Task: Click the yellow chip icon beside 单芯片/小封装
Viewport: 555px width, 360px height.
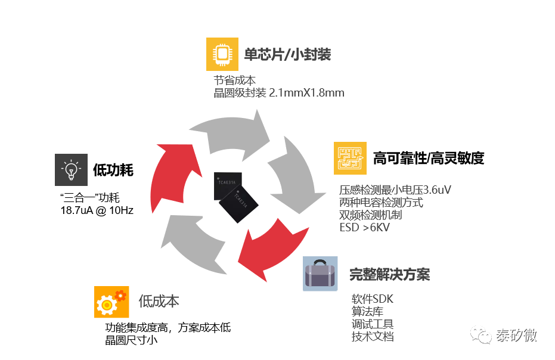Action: tap(222, 54)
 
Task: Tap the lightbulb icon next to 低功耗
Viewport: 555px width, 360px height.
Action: tap(71, 170)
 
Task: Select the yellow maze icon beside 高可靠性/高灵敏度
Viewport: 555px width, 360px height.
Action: tap(350, 158)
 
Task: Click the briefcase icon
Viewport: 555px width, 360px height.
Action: tap(320, 274)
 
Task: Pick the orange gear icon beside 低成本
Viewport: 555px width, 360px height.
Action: tap(111, 302)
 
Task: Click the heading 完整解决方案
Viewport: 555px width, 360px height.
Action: tap(390, 274)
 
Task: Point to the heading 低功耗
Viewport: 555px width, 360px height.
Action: tap(113, 170)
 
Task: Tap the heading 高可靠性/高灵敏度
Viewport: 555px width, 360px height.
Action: tap(429, 158)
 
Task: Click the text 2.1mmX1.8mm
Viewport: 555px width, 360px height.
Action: tap(306, 93)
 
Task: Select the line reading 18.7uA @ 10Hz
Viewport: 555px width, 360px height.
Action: tap(97, 210)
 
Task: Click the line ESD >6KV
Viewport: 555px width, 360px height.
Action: tap(365, 227)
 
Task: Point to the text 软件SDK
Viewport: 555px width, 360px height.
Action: tap(373, 299)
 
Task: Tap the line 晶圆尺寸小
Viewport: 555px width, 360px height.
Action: tap(131, 340)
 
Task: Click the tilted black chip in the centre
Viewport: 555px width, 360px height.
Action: tap(238, 204)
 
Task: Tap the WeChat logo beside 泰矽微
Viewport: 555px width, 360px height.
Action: tap(480, 334)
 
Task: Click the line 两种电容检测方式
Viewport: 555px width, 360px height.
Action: tap(381, 203)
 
